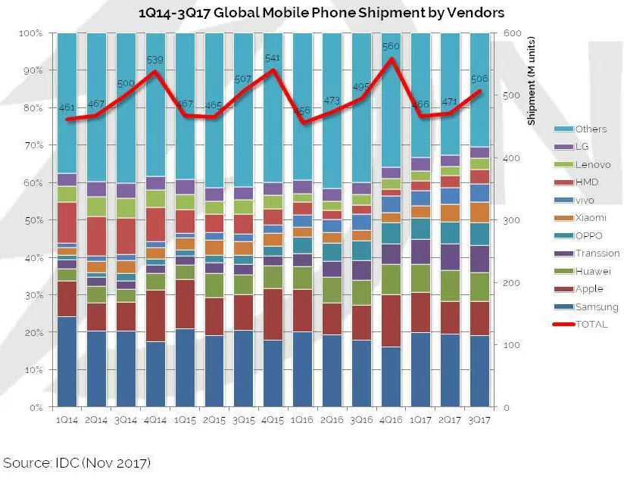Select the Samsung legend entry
596,307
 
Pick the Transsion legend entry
597,253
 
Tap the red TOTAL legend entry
591,325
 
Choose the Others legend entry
590,129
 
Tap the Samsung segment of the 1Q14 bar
67,362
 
